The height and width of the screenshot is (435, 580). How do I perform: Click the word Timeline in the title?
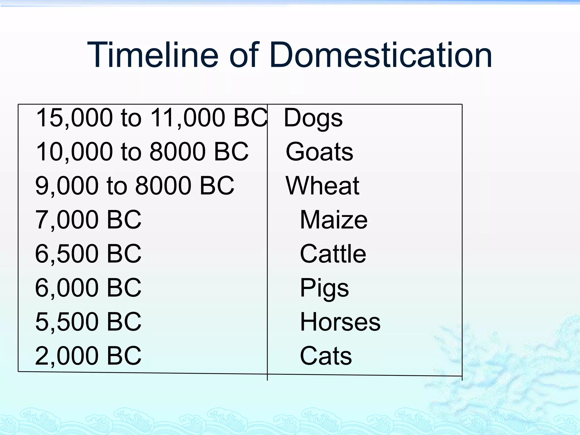(153, 55)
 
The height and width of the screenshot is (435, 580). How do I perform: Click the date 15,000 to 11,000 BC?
(152, 118)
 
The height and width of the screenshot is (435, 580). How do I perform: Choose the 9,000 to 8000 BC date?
(135, 186)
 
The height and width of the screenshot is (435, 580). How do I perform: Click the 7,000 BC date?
(88, 220)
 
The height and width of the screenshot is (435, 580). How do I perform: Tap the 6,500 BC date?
(88, 254)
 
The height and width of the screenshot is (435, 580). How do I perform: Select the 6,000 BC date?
(88, 288)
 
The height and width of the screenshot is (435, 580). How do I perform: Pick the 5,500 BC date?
(88, 322)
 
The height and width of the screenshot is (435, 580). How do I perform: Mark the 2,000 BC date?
(88, 356)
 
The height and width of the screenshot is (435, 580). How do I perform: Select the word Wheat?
(322, 186)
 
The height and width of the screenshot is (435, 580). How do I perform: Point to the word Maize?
(334, 220)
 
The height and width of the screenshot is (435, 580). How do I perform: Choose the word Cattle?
(333, 254)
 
